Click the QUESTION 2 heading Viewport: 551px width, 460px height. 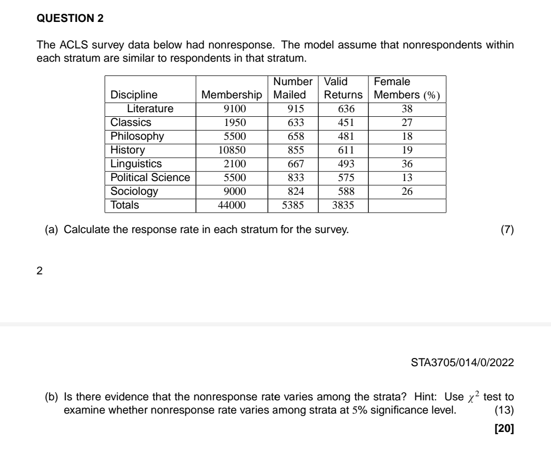pos(70,18)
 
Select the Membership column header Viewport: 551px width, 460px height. pos(232,95)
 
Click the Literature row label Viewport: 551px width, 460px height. pos(150,109)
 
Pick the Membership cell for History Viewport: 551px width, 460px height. pos(232,150)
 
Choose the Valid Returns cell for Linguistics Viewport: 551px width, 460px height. pos(343,164)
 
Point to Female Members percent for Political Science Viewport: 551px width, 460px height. pos(407,177)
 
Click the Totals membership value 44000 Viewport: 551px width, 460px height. pos(232,205)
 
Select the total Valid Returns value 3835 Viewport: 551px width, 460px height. pos(343,205)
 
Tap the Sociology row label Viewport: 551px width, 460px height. pos(134,191)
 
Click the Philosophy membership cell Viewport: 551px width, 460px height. pos(232,136)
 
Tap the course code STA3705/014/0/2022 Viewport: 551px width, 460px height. pos(462,363)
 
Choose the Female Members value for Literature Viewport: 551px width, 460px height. pos(407,109)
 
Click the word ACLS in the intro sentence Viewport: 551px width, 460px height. pos(67,45)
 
